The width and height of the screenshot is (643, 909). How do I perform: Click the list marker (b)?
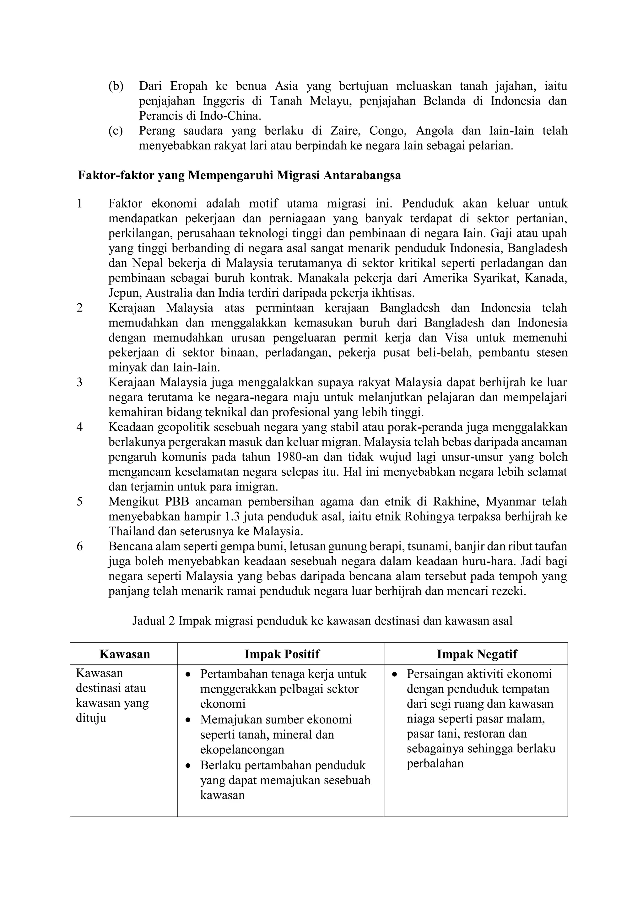tap(116, 86)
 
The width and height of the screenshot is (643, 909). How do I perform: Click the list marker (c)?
tap(116, 131)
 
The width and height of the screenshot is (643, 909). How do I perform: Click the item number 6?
tap(79, 547)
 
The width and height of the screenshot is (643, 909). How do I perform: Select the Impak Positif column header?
tap(282, 654)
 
